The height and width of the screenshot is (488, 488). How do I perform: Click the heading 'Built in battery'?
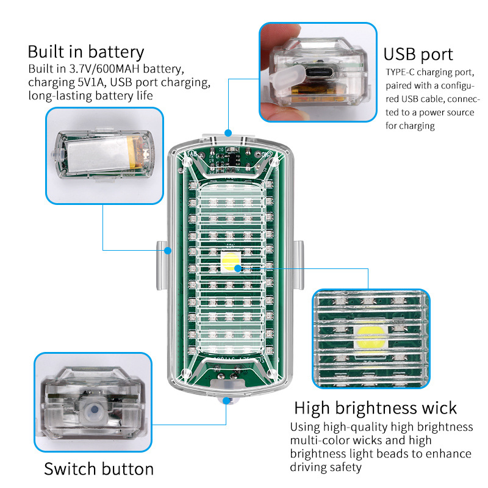pyautogui.click(x=85, y=51)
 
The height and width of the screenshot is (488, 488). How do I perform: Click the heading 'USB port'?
pyautogui.click(x=418, y=54)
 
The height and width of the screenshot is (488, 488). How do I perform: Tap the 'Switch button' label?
pyautogui.click(x=99, y=468)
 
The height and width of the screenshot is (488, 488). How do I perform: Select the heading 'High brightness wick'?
pyautogui.click(x=375, y=407)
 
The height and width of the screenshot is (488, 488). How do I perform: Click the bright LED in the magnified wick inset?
pyautogui.click(x=370, y=335)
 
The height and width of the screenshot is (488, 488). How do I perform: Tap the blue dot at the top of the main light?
pyautogui.click(x=228, y=132)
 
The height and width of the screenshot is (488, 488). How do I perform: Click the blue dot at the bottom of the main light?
pyautogui.click(x=228, y=400)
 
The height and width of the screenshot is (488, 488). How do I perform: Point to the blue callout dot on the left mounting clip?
pyautogui.click(x=169, y=249)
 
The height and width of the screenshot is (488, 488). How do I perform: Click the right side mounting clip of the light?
pyautogui.click(x=299, y=266)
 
